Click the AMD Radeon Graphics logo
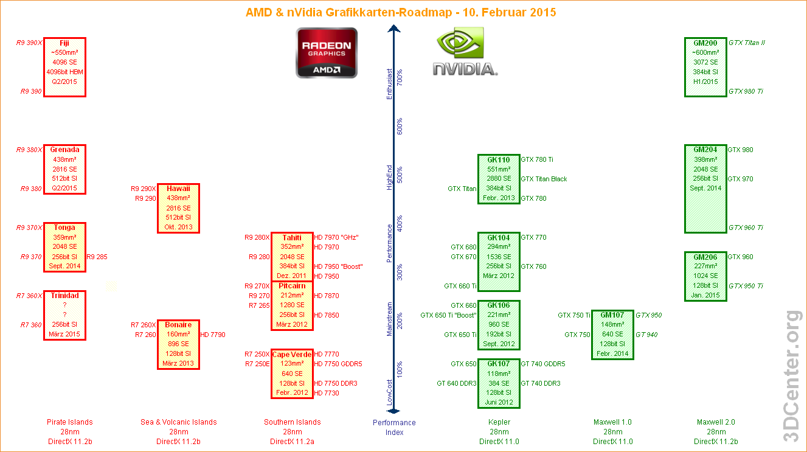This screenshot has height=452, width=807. [327, 54]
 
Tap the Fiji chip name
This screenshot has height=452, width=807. [64, 43]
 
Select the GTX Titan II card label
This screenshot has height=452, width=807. [747, 43]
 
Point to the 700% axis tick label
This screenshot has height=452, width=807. [400, 77]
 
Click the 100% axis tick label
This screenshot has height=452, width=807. [400, 369]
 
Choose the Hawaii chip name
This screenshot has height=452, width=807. [178, 189]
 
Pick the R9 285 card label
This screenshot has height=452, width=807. [97, 257]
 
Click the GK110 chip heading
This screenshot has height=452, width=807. [498, 160]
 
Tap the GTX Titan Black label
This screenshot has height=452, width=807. [544, 179]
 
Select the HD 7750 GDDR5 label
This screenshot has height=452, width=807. [338, 364]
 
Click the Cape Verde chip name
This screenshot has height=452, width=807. [292, 355]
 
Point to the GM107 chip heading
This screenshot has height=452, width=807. [612, 315]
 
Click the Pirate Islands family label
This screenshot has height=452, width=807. [70, 422]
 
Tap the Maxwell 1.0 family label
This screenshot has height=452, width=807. [612, 422]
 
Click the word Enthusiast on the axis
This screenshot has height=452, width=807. [390, 85]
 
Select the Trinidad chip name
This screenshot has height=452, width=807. [64, 296]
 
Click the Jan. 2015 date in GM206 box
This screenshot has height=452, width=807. [705, 296]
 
